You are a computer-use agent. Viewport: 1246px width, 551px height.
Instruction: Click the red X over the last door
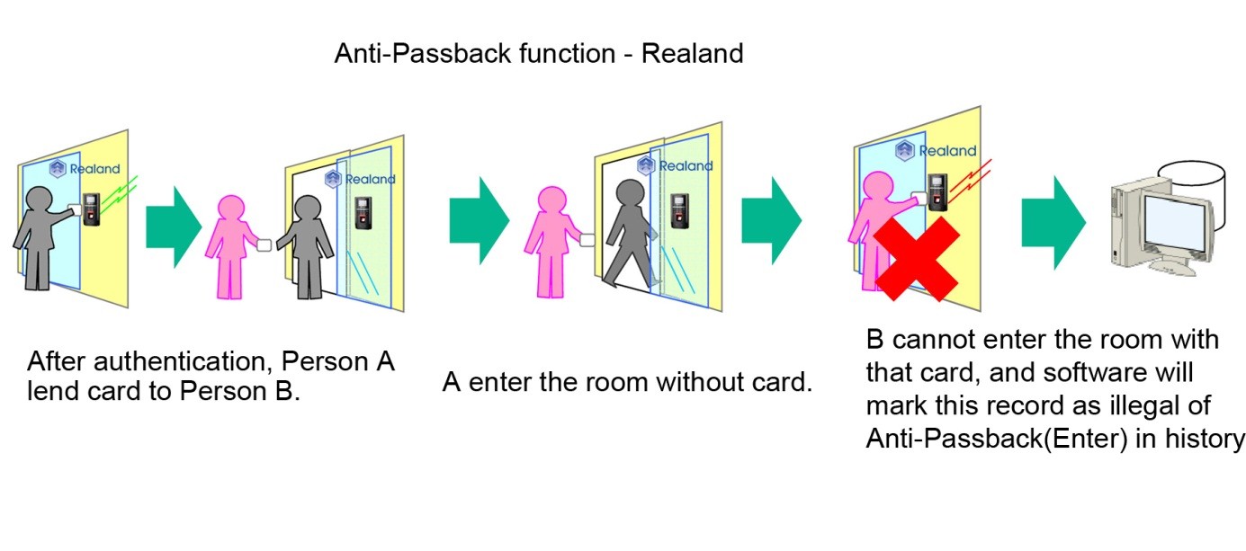pos(917,259)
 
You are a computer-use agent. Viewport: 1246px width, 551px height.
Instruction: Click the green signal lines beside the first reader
pos(119,191)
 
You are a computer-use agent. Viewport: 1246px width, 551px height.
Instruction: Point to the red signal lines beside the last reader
pos(970,182)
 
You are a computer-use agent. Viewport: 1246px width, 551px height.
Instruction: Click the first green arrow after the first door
pos(174,227)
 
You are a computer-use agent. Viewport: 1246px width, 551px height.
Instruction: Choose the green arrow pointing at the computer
pos(1053,222)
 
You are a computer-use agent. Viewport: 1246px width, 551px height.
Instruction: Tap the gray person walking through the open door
pos(630,234)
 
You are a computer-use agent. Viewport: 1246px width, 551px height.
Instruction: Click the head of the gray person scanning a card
pos(40,199)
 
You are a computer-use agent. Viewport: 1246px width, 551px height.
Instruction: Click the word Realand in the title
pos(692,54)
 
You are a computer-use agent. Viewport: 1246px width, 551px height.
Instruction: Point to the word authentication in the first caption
pos(183,362)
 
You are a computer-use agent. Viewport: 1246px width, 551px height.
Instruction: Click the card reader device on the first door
pos(91,209)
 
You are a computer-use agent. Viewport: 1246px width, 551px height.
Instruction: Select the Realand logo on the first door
pos(85,168)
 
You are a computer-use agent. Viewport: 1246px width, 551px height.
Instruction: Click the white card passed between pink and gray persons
pos(264,245)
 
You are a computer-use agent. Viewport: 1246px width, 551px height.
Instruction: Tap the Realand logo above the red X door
pos(936,150)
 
